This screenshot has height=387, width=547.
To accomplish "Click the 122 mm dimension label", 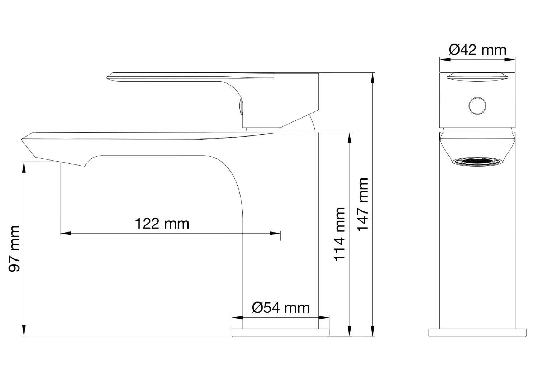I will click(x=162, y=224).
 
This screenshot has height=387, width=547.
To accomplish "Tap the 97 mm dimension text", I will click(x=14, y=248).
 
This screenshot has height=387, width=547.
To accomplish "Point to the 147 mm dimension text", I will click(x=363, y=205).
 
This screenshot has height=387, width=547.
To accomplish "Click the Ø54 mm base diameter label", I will click(x=281, y=308).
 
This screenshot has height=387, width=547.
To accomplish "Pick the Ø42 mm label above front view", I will click(x=477, y=50).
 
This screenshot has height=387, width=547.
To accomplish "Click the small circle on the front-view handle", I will click(x=477, y=106).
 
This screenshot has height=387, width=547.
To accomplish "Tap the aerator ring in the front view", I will click(x=477, y=162).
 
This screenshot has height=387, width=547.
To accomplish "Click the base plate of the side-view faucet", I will click(x=280, y=332).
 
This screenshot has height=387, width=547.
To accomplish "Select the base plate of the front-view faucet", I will click(x=477, y=333).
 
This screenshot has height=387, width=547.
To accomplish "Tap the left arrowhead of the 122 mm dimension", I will click(x=65, y=234).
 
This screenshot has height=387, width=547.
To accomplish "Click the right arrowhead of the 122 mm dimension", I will click(x=276, y=234).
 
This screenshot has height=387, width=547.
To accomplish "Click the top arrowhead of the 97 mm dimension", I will click(x=24, y=167).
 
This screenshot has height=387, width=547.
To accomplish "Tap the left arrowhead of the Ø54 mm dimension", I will click(x=237, y=317).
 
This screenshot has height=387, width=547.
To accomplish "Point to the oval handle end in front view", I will click(x=477, y=77).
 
